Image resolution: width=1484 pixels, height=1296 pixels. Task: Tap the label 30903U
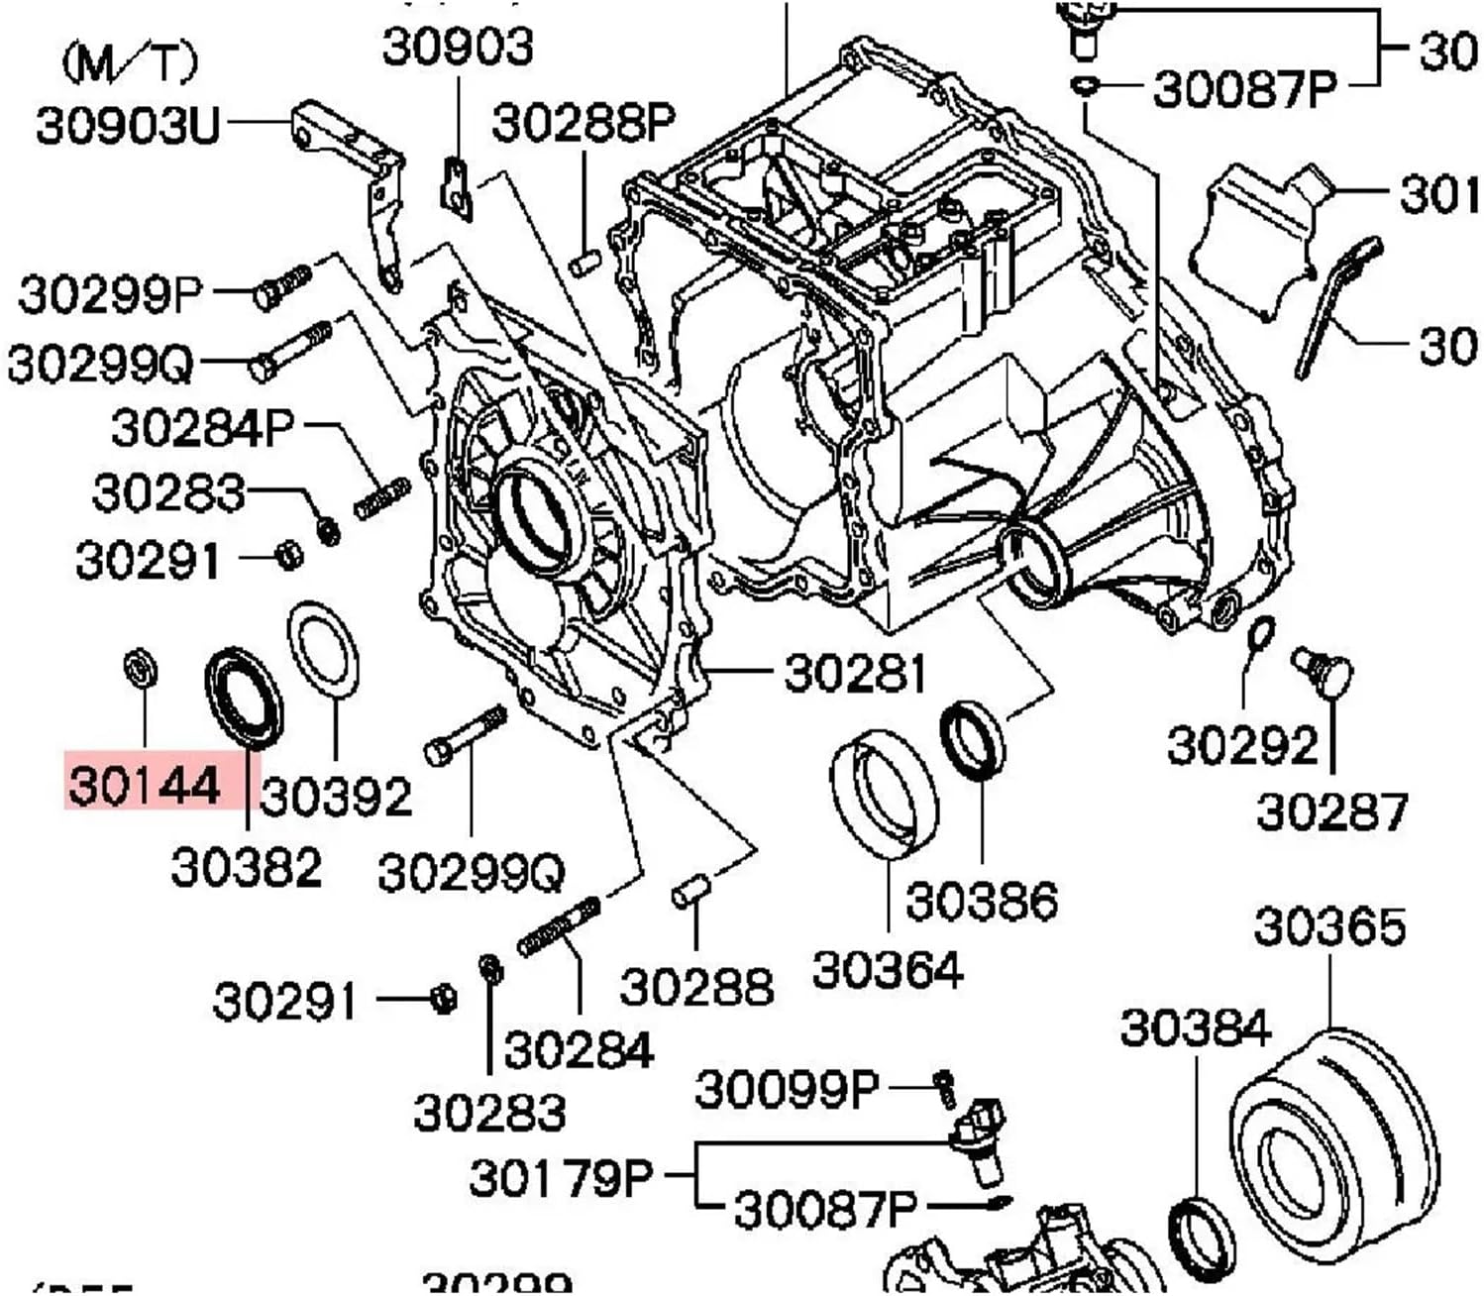click(x=126, y=126)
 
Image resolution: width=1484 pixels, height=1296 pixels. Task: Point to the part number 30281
click(x=855, y=674)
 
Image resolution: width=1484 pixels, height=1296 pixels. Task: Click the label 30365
click(x=1329, y=927)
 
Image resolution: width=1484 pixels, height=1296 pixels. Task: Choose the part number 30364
click(x=887, y=969)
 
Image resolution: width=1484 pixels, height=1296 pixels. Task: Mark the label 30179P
click(x=561, y=1177)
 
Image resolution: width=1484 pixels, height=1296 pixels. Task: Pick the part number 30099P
click(x=787, y=1089)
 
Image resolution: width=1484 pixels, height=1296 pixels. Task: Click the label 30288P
click(x=583, y=123)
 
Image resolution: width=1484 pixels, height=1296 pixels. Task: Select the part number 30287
click(x=1331, y=811)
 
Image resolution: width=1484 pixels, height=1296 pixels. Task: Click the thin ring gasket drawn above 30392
click(x=323, y=648)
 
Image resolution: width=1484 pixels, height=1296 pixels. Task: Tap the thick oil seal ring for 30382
click(x=244, y=697)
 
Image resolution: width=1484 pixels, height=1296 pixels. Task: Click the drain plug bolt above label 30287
click(x=1323, y=670)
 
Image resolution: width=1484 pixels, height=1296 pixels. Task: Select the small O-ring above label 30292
click(x=1261, y=632)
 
